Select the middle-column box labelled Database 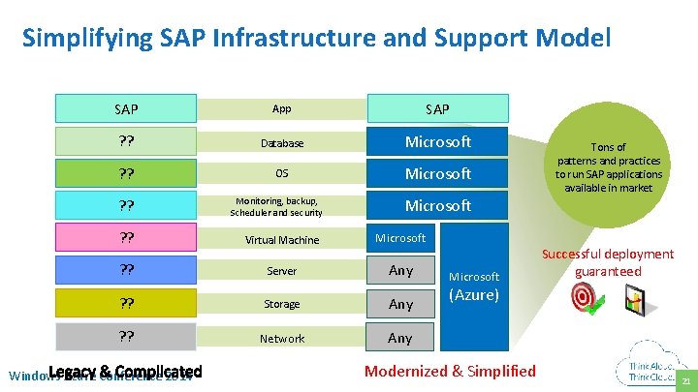(x=281, y=143)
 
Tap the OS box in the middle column (x=281, y=174)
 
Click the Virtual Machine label (x=281, y=240)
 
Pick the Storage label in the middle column (x=281, y=304)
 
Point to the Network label (x=281, y=339)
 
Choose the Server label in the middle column (x=281, y=271)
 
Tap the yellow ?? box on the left (x=126, y=303)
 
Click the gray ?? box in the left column (x=126, y=337)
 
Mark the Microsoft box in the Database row (x=437, y=142)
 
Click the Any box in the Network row (x=400, y=338)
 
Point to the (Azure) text (x=474, y=295)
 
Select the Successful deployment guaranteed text (x=608, y=262)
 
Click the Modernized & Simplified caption (x=450, y=371)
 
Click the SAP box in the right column (x=437, y=108)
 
